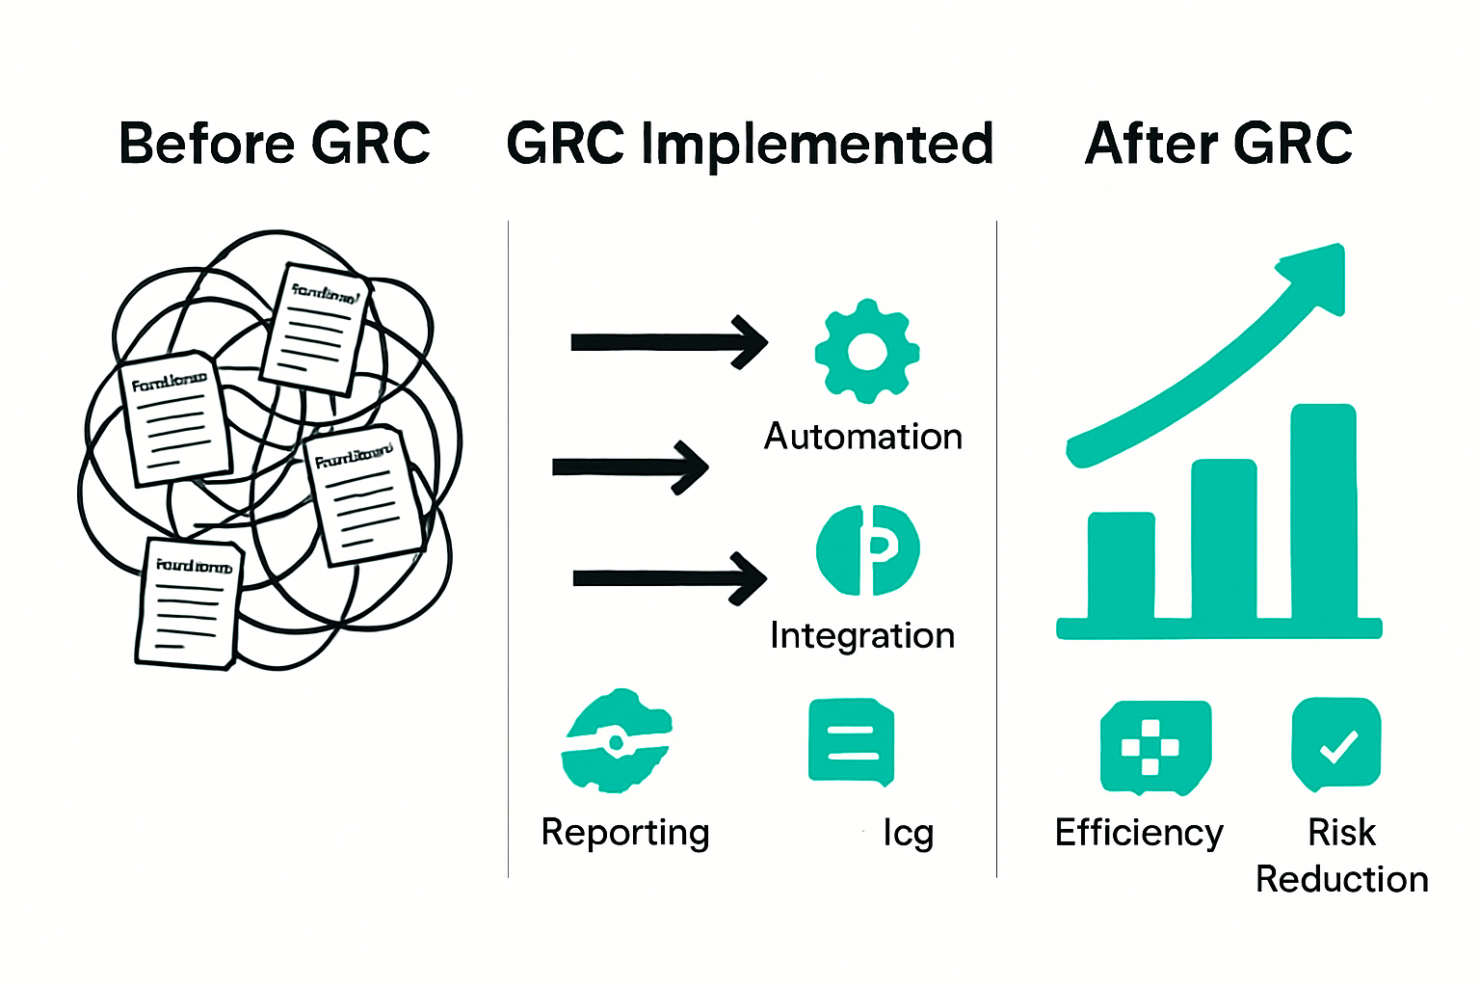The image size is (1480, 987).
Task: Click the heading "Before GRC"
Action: point(275,145)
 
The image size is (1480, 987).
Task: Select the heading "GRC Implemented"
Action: point(750,145)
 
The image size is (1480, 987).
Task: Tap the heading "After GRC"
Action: point(1219,145)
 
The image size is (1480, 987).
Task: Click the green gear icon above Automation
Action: point(866,351)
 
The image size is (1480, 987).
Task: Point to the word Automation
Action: point(863,437)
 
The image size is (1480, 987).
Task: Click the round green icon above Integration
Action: point(867,550)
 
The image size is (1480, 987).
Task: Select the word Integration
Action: point(862,636)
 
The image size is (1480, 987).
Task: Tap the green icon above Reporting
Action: point(617,740)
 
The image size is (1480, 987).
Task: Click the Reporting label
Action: point(625,832)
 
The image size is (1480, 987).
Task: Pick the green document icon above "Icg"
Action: point(852,741)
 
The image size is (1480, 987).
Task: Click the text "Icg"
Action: point(908,833)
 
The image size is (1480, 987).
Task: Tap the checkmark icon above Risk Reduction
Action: point(1336,744)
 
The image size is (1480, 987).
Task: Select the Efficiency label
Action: point(1139,832)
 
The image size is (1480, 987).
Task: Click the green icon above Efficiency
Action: point(1153,747)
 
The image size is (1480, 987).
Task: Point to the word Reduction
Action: point(1341,879)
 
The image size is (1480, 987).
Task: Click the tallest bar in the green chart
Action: point(1324,511)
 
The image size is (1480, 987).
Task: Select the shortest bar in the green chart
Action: point(1122,565)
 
